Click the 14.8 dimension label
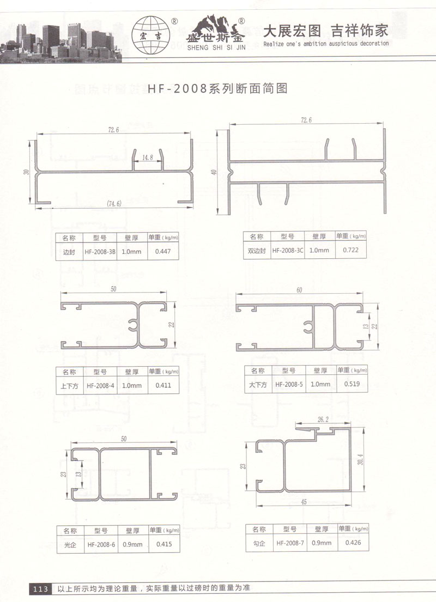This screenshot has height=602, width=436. (148, 157)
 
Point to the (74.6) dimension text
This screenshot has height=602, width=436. (114, 204)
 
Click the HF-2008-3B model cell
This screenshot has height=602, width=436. (100, 252)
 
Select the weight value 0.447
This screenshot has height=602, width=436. (163, 252)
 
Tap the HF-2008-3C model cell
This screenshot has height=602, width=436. (288, 250)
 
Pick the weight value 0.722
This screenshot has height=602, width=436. (350, 250)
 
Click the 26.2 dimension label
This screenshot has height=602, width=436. (323, 419)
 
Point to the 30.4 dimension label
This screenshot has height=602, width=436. (361, 459)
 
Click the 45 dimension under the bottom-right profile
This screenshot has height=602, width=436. (304, 502)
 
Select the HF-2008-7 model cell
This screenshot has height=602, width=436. (290, 543)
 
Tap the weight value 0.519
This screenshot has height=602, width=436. (352, 384)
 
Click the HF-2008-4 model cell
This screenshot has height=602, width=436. (100, 386)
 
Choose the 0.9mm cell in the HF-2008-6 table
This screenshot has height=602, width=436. (132, 544)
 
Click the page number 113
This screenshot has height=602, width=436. (40, 589)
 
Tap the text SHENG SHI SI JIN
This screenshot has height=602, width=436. (216, 47)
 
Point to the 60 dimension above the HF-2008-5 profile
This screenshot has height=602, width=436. (299, 290)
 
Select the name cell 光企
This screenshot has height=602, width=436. (70, 545)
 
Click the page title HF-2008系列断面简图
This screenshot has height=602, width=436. (218, 89)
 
